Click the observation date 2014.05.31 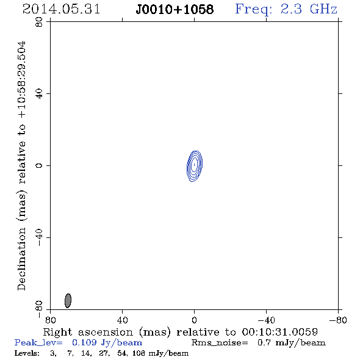coord(61,9)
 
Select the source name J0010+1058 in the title coord(175,9)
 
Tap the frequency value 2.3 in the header coord(291,9)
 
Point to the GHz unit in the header coord(324,9)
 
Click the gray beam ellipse coord(68,301)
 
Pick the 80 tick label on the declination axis coord(39,22)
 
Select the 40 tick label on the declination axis coord(39,94)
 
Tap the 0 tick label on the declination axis coord(39,165)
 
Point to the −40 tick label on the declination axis coord(39,237)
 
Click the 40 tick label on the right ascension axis coord(122,320)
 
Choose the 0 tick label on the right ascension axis coord(194,320)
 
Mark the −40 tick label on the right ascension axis coord(266,320)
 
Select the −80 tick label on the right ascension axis coord(338,320)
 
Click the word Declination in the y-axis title coord(21,259)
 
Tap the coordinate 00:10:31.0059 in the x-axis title coord(279,332)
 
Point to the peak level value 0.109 coord(84,342)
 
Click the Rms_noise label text coord(220,343)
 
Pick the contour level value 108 coord(139,353)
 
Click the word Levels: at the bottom coord(27,353)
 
